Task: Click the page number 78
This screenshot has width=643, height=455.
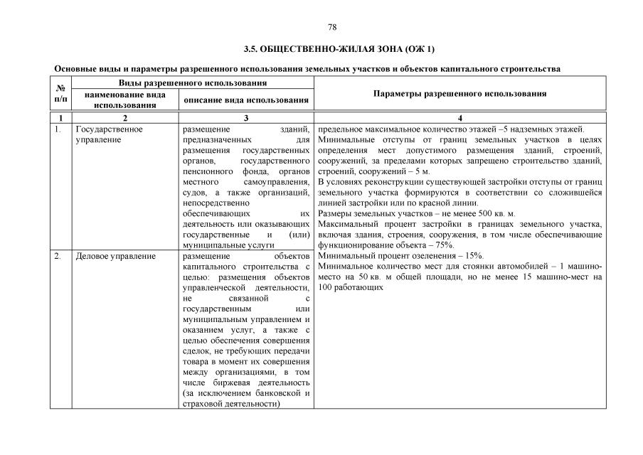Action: [x=331, y=27]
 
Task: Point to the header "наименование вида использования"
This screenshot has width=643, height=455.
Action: [x=124, y=100]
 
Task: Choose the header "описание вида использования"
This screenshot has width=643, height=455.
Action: [x=245, y=100]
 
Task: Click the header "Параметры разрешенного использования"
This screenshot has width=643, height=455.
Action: [x=459, y=93]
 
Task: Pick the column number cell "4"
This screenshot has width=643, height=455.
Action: [x=459, y=117]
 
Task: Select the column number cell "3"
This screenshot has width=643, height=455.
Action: [x=245, y=117]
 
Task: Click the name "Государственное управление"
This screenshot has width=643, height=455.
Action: [x=109, y=134]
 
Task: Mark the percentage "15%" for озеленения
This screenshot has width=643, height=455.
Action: [x=470, y=255]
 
